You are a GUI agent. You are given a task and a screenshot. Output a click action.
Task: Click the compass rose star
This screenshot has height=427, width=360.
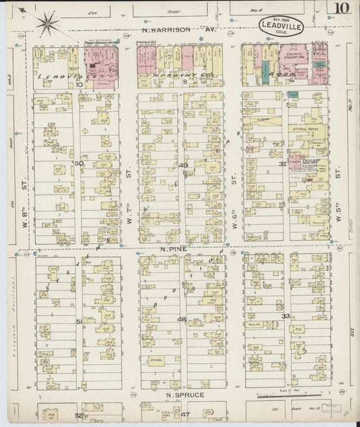(49, 24)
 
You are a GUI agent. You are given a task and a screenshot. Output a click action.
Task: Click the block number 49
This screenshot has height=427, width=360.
(183, 165)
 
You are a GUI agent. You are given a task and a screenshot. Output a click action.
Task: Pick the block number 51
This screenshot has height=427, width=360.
(79, 322)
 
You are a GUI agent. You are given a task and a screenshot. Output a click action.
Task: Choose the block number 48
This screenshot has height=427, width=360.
(181, 319)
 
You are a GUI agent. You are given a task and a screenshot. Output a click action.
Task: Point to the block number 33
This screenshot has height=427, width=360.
(286, 316)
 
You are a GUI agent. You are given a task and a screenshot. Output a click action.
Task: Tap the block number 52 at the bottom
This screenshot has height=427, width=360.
(79, 415)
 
